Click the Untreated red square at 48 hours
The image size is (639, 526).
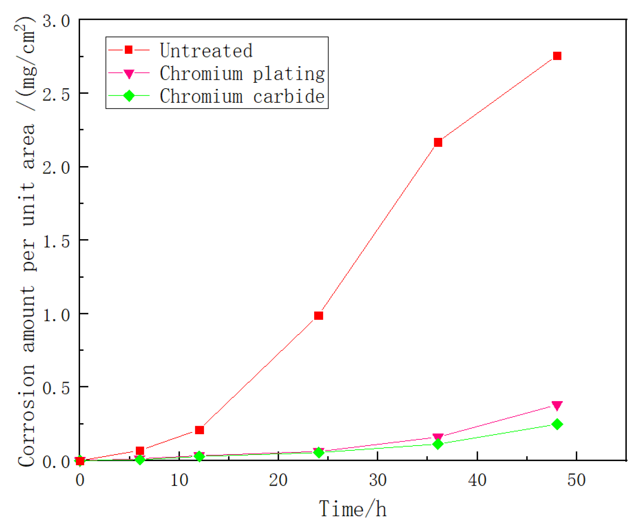(x=557, y=56)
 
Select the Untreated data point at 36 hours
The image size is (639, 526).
(x=438, y=142)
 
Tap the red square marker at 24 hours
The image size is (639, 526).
(x=318, y=316)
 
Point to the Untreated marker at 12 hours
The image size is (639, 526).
(x=199, y=430)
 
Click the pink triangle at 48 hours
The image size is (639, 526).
(x=557, y=406)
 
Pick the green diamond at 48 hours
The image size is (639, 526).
(x=557, y=424)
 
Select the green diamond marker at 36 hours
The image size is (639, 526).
(x=438, y=444)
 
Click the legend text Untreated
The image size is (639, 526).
(x=206, y=51)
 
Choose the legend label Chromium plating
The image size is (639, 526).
(x=242, y=73)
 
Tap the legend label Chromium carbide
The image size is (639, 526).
(x=242, y=96)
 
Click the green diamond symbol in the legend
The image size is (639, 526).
(x=129, y=96)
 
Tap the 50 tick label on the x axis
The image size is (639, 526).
(x=576, y=480)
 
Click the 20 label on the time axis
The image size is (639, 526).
(x=278, y=480)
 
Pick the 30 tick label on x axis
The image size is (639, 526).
(x=378, y=480)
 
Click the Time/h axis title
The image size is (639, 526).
(x=352, y=509)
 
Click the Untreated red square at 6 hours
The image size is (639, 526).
(x=140, y=451)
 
